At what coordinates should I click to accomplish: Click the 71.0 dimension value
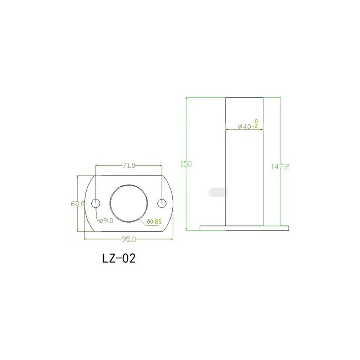(129, 165)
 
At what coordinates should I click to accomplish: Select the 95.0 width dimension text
(129, 239)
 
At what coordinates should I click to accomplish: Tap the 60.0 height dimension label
(78, 203)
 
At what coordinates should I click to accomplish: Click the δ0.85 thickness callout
(154, 221)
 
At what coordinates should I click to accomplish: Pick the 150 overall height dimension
(186, 164)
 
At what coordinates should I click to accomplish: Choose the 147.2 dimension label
(280, 166)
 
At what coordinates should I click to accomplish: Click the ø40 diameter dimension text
(244, 126)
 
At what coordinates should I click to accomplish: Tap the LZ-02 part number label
(119, 258)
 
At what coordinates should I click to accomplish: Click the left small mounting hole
(96, 203)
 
